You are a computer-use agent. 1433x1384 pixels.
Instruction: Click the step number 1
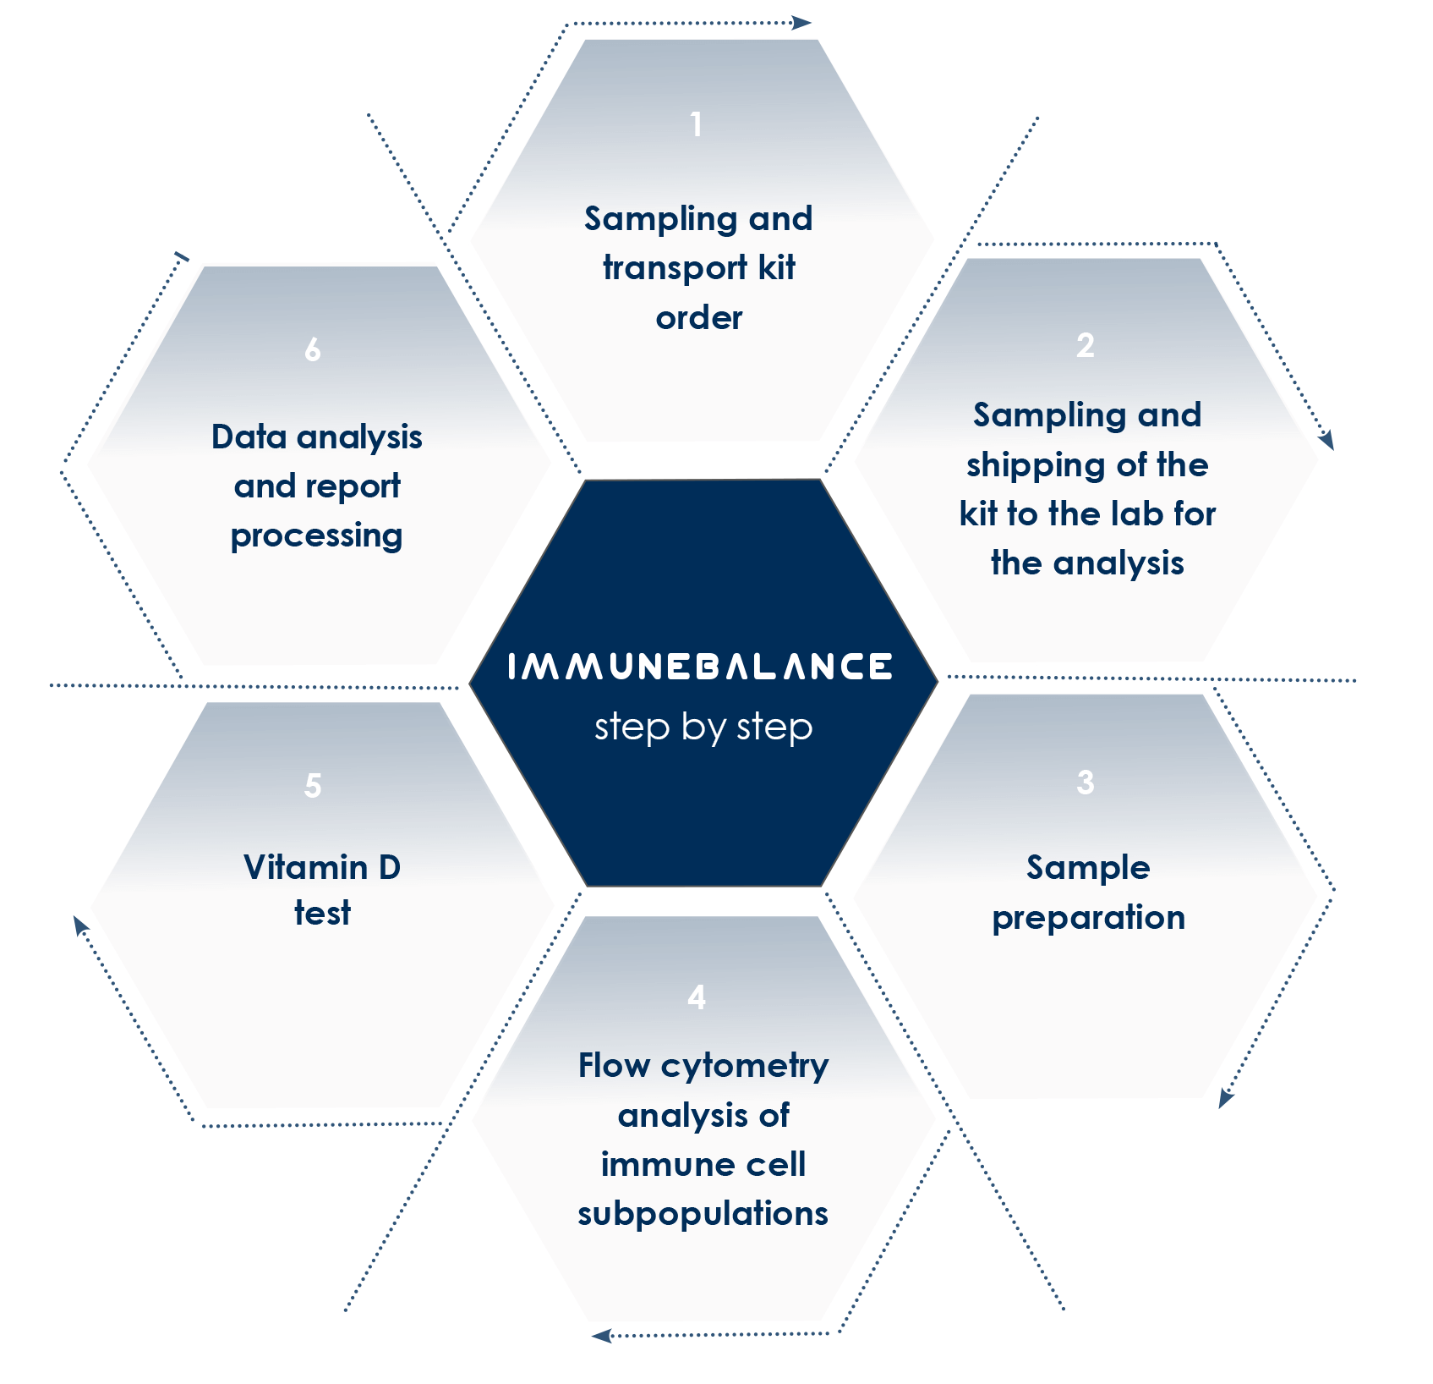coord(696,125)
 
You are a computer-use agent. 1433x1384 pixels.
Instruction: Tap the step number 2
coord(1086,345)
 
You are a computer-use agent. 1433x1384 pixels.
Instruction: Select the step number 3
coord(1086,783)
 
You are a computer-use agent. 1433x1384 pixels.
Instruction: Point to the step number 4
coord(697,997)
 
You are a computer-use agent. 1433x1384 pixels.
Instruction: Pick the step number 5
coord(313,786)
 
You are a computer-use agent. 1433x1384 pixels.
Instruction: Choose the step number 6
coord(313,349)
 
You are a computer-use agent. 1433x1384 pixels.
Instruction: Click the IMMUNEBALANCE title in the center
coord(700,667)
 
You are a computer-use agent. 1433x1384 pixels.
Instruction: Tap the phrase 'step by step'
coord(703,727)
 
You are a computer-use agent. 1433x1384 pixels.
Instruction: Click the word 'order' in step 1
coord(699,318)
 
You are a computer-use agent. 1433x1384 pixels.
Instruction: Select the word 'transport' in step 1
coord(675,269)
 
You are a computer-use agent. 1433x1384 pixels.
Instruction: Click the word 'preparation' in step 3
coord(1088,918)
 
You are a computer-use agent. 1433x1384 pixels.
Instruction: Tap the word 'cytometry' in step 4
coord(745,1067)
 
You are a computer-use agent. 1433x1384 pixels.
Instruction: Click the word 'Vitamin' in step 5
coord(305,867)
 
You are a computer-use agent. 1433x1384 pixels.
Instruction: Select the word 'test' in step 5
coord(322,914)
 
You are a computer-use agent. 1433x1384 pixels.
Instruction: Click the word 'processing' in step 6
coord(316,535)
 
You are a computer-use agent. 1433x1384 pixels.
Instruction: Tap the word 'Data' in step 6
coord(249,437)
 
